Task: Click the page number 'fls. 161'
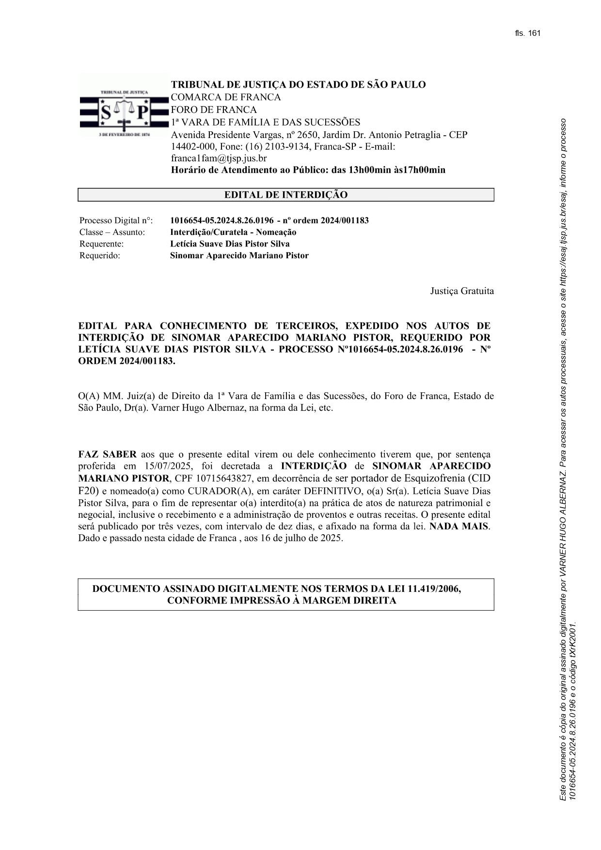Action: [x=527, y=33]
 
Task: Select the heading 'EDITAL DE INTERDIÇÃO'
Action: [x=285, y=195]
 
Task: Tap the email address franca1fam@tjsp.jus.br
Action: [x=219, y=158]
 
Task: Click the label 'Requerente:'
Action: [x=101, y=244]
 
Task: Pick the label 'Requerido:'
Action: [x=99, y=256]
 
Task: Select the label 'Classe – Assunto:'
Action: [x=112, y=232]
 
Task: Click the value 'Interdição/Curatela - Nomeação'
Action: [x=233, y=232]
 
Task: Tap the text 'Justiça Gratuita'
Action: [x=462, y=291]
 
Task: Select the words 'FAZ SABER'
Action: [x=107, y=455]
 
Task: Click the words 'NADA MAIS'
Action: [x=459, y=526]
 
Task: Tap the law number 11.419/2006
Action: [x=434, y=589]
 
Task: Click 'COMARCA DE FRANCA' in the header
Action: [x=225, y=97]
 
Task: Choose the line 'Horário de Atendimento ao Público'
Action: [x=308, y=170]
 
